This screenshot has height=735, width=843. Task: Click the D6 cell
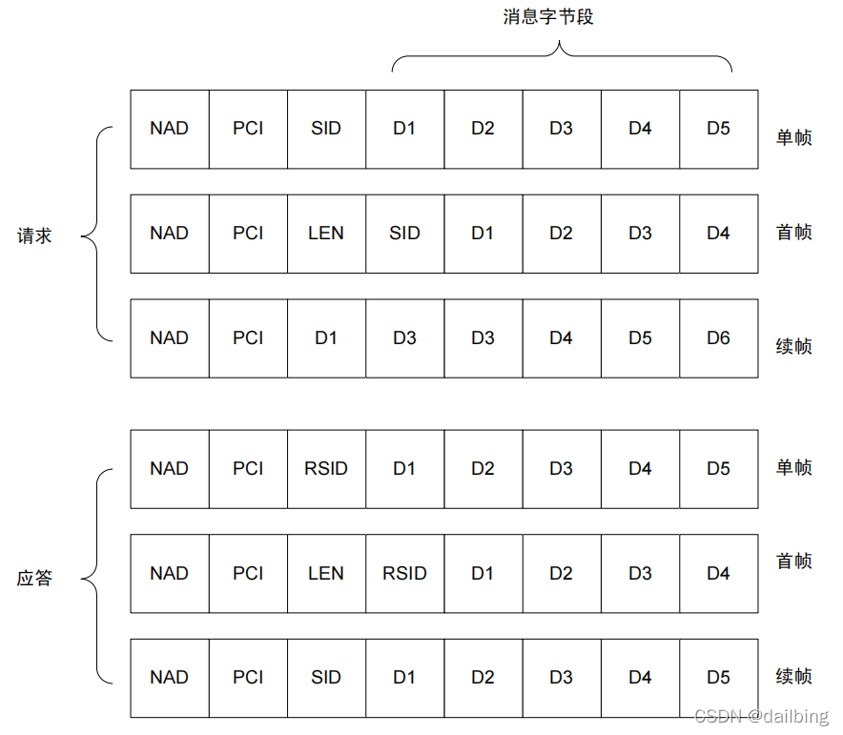(718, 338)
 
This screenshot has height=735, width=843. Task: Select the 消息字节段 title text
(548, 17)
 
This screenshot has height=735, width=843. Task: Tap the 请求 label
(35, 235)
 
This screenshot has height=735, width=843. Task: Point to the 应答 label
(35, 578)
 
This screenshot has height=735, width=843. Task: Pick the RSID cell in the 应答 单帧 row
(326, 469)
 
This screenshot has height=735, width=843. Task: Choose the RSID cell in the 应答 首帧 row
(404, 574)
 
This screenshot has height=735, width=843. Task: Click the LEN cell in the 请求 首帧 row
(326, 234)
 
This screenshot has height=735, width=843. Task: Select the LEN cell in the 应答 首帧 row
(326, 574)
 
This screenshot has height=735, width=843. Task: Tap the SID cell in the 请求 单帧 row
(326, 129)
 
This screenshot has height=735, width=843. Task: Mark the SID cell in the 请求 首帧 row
(404, 234)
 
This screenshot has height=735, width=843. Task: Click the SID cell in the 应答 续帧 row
(326, 678)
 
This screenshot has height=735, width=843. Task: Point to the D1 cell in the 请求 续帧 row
(326, 338)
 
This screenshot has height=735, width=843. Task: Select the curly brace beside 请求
(95, 234)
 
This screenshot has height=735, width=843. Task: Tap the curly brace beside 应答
(95, 576)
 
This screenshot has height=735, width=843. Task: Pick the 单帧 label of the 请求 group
(793, 138)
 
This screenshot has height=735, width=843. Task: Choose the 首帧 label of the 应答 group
(793, 561)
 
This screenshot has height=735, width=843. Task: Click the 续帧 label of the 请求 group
(793, 346)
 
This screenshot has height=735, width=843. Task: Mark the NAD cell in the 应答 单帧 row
(170, 469)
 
